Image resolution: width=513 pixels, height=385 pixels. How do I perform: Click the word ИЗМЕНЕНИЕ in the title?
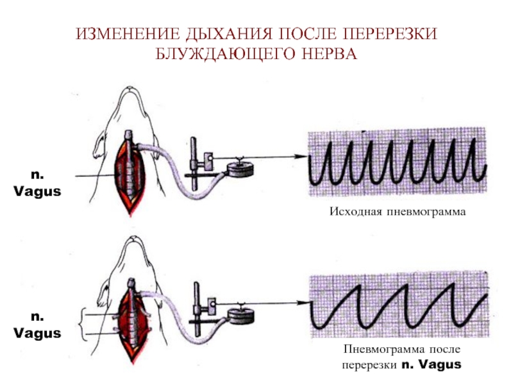pyautogui.click(x=128, y=34)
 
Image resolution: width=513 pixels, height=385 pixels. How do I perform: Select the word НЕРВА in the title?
pyautogui.click(x=330, y=54)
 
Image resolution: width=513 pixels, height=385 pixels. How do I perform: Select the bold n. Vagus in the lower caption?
pyautogui.click(x=431, y=364)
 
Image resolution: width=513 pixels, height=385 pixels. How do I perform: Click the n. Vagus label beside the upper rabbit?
pyautogui.click(x=37, y=183)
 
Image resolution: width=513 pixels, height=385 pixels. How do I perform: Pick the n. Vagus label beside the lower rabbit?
pyautogui.click(x=37, y=325)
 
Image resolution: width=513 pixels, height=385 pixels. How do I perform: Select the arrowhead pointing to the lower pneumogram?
pyautogui.click(x=303, y=303)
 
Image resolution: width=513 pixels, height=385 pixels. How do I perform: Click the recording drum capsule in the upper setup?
pyautogui.click(x=240, y=169)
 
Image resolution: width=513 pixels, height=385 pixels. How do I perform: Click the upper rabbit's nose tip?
pyautogui.click(x=131, y=88)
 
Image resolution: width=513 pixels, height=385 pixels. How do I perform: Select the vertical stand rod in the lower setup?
pyautogui.click(x=197, y=309)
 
